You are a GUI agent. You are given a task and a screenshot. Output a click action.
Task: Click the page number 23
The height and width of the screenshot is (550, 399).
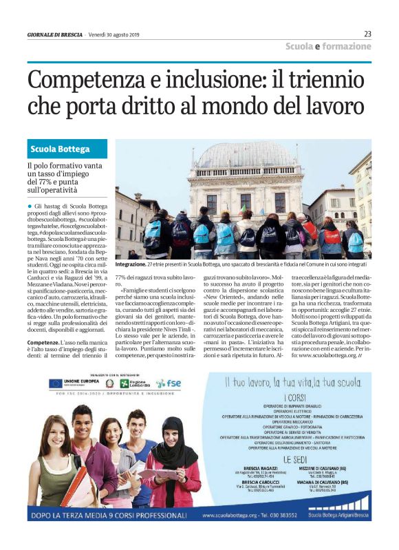click(x=367, y=34)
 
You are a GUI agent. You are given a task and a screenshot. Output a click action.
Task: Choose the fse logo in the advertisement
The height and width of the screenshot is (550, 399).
click(x=169, y=383)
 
